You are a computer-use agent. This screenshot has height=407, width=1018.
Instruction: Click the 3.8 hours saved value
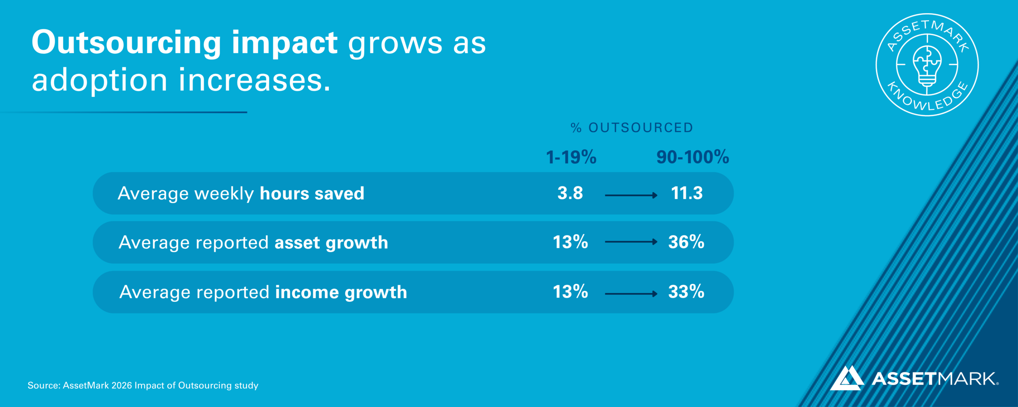tap(570, 193)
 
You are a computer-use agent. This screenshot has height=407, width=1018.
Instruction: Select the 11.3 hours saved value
tap(687, 193)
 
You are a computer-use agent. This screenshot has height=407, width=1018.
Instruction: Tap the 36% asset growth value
tap(686, 242)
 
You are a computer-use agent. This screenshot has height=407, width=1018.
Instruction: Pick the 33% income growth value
tap(686, 292)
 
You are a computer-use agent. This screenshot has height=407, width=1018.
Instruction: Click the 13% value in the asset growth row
tap(570, 242)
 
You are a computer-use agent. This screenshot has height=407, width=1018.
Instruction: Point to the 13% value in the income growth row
tap(570, 292)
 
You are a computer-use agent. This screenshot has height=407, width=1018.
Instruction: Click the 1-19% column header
tap(571, 157)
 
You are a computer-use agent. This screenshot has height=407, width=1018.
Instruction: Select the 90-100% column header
tap(693, 157)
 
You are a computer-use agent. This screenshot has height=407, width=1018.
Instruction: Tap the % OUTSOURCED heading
tap(632, 128)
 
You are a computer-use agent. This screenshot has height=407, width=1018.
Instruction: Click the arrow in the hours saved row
tap(631, 195)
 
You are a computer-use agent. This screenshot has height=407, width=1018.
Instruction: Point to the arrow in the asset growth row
tap(631, 242)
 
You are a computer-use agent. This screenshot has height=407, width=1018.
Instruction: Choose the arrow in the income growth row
tap(631, 294)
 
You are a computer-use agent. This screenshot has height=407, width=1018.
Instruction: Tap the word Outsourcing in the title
tap(126, 43)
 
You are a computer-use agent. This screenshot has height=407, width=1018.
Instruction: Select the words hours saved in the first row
tap(312, 194)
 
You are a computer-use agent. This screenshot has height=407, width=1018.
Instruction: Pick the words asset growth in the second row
tap(331, 243)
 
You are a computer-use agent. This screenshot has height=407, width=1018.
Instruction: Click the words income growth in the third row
tap(341, 293)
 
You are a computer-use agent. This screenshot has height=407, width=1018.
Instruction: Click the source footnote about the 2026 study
tap(143, 385)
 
